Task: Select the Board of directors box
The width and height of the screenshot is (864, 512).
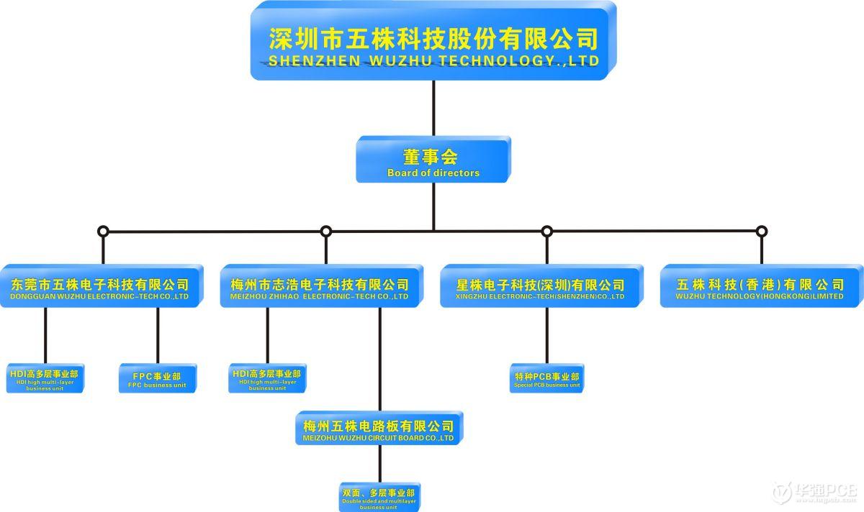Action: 433,160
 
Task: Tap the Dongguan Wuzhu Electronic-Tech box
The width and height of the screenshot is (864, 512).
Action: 100,288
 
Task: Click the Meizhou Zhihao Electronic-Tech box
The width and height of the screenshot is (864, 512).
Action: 320,288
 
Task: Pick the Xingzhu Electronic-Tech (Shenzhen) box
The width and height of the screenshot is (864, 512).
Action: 540,288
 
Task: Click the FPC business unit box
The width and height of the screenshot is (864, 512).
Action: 157,378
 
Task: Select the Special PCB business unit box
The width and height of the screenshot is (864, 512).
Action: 546,379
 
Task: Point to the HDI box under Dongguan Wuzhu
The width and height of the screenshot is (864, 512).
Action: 45,378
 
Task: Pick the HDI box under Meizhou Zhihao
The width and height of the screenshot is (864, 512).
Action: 266,378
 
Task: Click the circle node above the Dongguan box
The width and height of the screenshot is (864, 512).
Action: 103,232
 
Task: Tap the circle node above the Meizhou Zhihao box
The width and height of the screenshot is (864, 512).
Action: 326,232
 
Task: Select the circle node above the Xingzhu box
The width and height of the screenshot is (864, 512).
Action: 546,232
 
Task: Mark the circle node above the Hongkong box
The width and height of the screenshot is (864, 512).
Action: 762,232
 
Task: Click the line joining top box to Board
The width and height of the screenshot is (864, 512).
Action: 433,108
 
